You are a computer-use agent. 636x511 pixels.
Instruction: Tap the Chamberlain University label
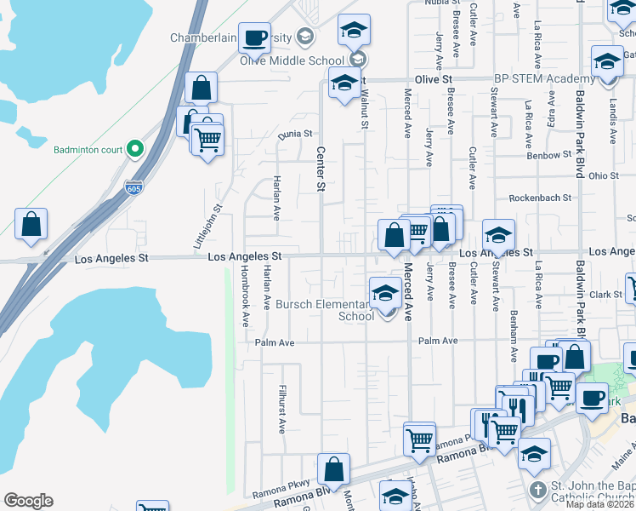tap(230, 38)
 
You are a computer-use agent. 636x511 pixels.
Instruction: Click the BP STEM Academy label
tap(538, 79)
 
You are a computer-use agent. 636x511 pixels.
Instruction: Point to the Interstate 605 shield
tap(133, 187)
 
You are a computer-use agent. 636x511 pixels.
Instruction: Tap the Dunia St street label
tap(296, 134)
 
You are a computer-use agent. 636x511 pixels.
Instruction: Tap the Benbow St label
tap(549, 156)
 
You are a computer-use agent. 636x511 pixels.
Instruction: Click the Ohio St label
tap(603, 175)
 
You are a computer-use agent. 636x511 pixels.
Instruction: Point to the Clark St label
tap(606, 295)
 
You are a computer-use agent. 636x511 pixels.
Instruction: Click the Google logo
tap(28, 501)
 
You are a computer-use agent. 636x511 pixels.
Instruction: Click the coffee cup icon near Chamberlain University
tap(253, 37)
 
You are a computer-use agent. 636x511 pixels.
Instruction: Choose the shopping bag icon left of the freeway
tap(31, 225)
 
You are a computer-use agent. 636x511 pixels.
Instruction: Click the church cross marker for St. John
tap(537, 491)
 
